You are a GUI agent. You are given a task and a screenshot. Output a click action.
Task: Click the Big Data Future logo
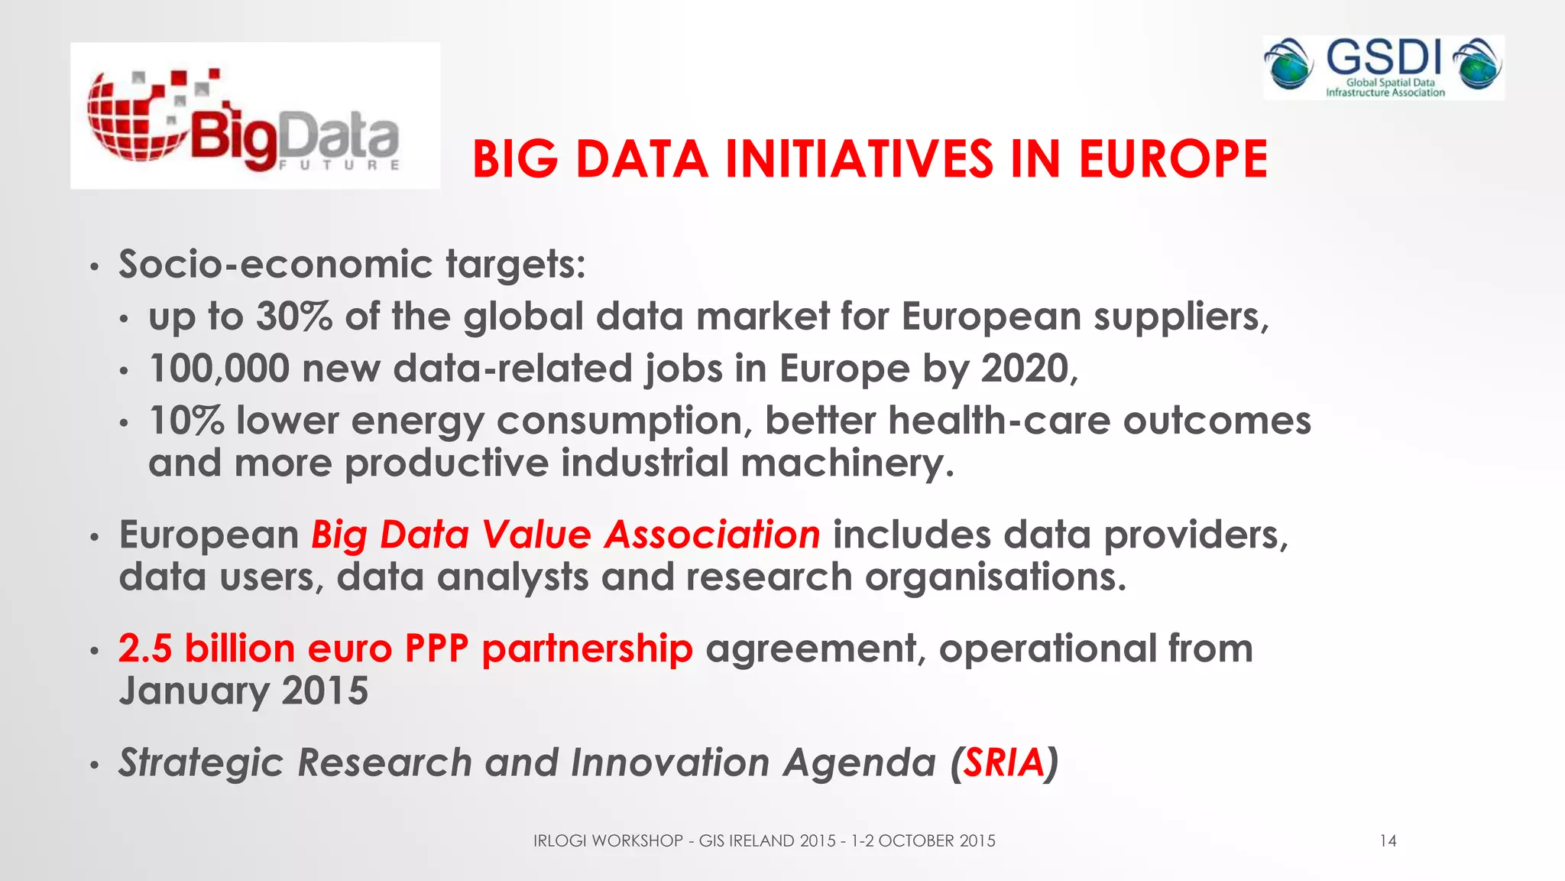[x=254, y=116]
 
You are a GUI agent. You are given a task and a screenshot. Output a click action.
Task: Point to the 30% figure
[x=294, y=317]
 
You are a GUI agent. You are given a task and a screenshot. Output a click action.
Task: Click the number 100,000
[x=219, y=369]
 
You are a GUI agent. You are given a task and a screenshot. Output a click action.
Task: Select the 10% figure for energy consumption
[x=186, y=421]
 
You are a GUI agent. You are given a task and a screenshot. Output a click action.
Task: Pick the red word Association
[x=712, y=535]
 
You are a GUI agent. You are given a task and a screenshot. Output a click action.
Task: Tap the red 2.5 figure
[x=145, y=649]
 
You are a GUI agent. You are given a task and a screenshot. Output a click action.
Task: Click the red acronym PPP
[x=436, y=649]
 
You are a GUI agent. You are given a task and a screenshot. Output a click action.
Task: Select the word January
[x=193, y=691]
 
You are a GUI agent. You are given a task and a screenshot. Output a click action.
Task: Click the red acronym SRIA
[x=1003, y=762]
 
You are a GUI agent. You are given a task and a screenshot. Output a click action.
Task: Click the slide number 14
[x=1388, y=841]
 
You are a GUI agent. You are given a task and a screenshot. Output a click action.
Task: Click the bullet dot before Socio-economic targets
[x=94, y=268]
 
